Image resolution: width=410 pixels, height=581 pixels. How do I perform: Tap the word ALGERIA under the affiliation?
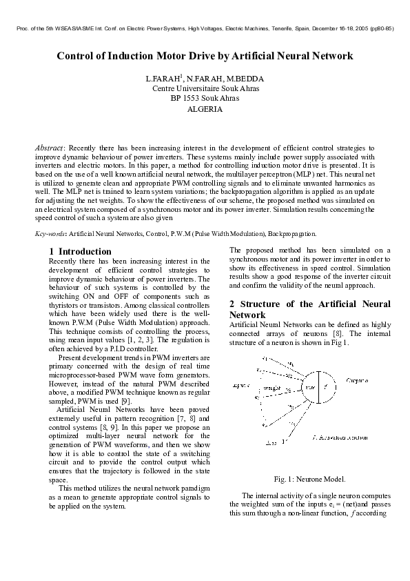coord(205,109)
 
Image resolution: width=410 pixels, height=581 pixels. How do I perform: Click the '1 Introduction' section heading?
coord(81,251)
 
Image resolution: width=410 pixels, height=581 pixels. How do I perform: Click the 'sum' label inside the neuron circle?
coord(309,388)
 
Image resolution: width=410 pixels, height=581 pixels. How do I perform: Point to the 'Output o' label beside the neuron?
coord(356,380)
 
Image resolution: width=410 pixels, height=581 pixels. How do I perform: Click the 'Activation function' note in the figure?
coord(340,437)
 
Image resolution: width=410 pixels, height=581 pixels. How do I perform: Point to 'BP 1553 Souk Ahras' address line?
coord(205,99)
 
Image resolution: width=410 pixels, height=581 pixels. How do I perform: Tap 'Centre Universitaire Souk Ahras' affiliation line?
coord(205,89)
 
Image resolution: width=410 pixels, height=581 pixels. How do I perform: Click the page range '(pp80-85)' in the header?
coord(382,30)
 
